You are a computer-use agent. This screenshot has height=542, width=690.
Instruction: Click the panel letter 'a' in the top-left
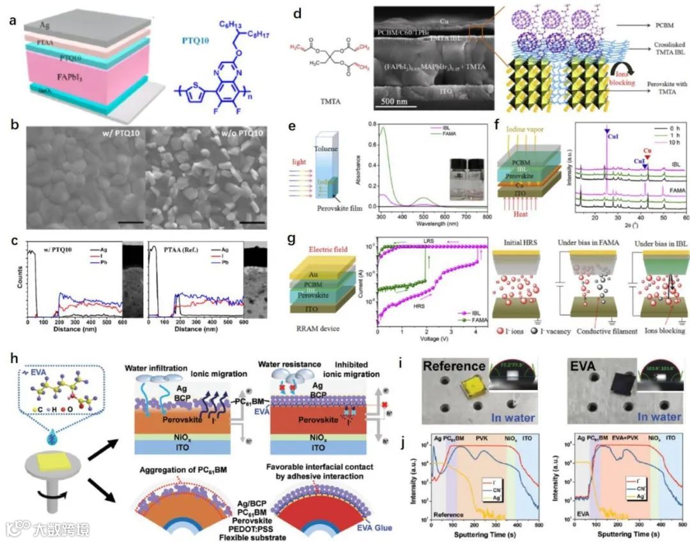(x=11, y=20)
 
